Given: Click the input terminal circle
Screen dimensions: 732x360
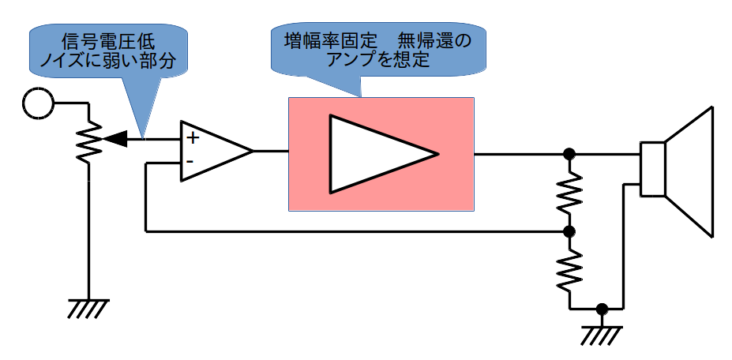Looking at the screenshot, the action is [x=38, y=103].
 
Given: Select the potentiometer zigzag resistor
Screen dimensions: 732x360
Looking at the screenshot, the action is [x=88, y=141].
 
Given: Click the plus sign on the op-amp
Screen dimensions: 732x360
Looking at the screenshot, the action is [x=193, y=138].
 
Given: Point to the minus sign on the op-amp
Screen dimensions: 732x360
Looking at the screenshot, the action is [x=190, y=162].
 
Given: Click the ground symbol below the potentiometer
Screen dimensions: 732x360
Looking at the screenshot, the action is [x=88, y=309].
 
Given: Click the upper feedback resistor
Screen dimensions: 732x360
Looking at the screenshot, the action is [x=569, y=193].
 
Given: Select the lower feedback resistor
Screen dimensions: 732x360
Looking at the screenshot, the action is [x=569, y=271].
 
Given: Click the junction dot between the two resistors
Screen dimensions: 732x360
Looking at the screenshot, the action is [x=569, y=231].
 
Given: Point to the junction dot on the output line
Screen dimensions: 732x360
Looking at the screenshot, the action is [x=569, y=153].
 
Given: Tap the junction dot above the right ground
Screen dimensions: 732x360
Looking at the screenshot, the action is [x=602, y=309].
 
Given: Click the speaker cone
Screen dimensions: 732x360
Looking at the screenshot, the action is [x=689, y=172].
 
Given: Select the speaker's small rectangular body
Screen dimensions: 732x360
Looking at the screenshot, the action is [x=652, y=169].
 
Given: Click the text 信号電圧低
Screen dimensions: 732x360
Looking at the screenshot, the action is [x=108, y=42].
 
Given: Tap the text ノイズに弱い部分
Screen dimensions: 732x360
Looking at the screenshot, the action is [x=108, y=61].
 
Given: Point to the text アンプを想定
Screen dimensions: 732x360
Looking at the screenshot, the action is [x=378, y=60].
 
